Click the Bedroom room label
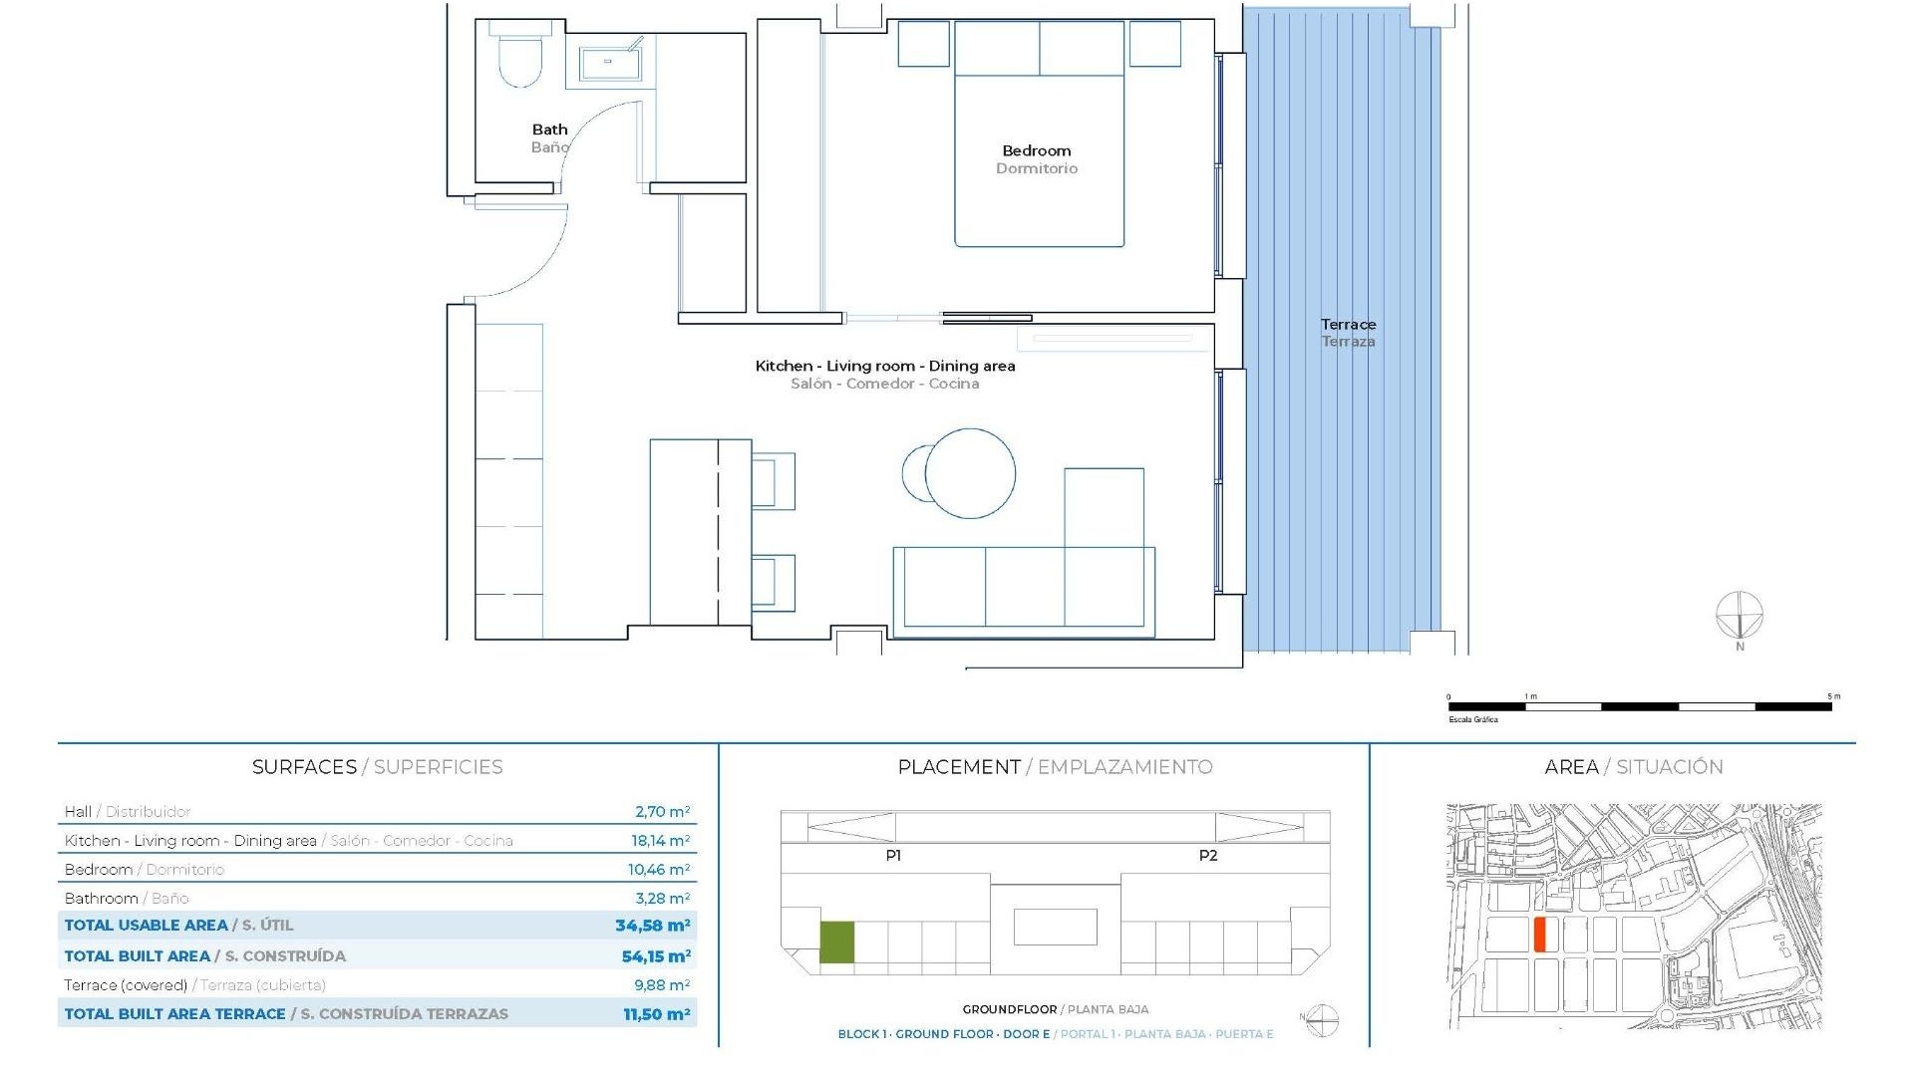pos(1036,151)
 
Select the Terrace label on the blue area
pos(1348,325)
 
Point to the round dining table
pos(969,473)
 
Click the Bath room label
pos(549,130)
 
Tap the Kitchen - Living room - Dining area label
pos(885,367)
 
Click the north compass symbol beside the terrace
pos(1740,616)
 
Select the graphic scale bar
pos(1640,706)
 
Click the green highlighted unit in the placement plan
pos(836,942)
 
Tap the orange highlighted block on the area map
pos(1539,935)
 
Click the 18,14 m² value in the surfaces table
pos(660,841)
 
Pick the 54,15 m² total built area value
pos(656,956)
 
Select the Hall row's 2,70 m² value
pos(662,812)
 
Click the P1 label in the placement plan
pos(893,856)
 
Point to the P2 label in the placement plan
pos(1207,856)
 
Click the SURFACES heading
pos(304,767)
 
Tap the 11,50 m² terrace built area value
pos(656,1014)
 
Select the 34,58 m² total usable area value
pos(652,926)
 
